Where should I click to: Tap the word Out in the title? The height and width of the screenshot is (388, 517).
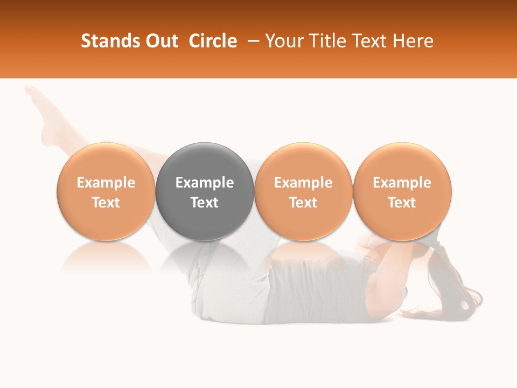coord(161,41)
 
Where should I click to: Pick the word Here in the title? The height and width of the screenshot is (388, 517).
coord(414,41)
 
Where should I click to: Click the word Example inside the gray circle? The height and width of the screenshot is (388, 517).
coord(205,183)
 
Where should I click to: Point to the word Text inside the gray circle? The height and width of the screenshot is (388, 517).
coord(205,203)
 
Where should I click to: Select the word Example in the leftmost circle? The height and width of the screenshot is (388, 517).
coord(106,183)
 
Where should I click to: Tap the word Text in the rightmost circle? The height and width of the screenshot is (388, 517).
coord(402,203)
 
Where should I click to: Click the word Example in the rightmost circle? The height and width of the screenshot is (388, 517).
coord(402,183)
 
